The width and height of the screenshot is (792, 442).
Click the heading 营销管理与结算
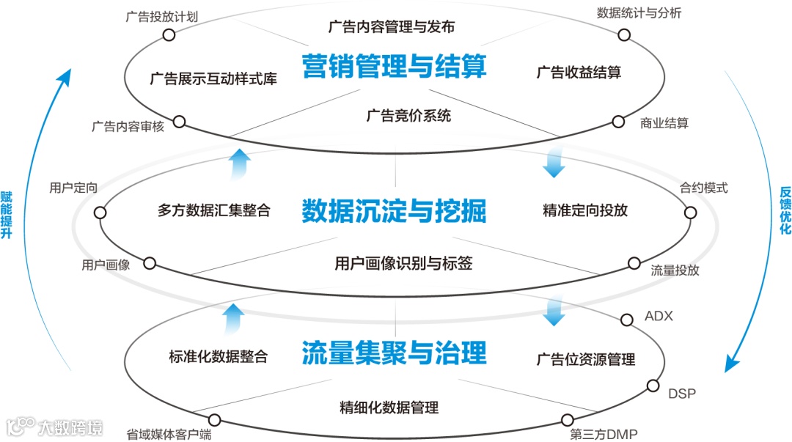point(395,68)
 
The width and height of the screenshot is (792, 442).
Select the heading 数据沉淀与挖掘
point(395,212)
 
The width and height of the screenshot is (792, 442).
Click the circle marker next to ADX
point(627,320)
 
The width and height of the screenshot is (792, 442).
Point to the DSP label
point(681,394)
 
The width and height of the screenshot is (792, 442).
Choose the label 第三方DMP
point(604,434)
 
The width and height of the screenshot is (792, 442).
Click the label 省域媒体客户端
point(169,434)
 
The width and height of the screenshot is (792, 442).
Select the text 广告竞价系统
point(408,115)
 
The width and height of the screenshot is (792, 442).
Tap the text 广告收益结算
point(579,73)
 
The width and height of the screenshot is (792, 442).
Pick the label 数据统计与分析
point(639,13)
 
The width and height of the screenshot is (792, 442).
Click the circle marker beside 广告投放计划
point(169,34)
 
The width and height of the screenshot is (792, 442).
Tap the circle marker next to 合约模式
point(690,213)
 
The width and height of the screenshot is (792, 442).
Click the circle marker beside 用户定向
point(100,213)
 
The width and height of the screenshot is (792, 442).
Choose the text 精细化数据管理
point(389,408)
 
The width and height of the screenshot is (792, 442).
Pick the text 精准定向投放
point(585,210)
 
